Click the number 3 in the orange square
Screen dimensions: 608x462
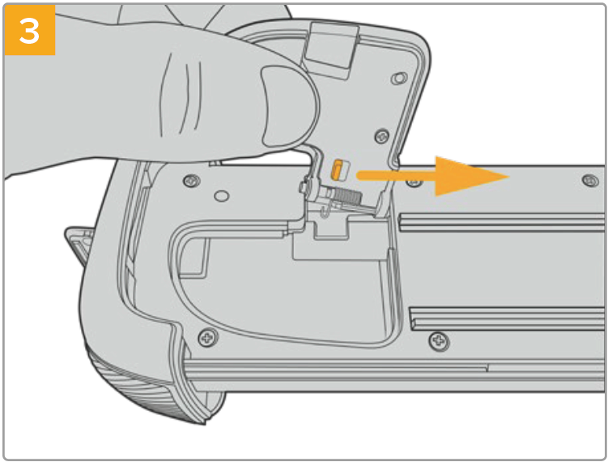pyautogui.click(x=29, y=31)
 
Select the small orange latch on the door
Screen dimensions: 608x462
pyautogui.click(x=337, y=170)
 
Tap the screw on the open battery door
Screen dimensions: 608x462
pyautogui.click(x=382, y=135)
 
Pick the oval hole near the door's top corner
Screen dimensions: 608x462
pyautogui.click(x=399, y=79)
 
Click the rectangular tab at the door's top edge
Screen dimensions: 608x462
pyautogui.click(x=331, y=49)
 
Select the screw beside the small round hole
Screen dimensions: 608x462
pyautogui.click(x=192, y=181)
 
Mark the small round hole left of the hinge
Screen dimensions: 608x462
pyautogui.click(x=221, y=196)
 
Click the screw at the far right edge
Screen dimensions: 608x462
pyautogui.click(x=589, y=180)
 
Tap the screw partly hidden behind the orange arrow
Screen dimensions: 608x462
pyautogui.click(x=414, y=182)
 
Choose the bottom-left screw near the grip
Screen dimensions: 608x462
pyautogui.click(x=208, y=337)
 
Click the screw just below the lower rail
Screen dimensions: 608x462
pyautogui.click(x=439, y=341)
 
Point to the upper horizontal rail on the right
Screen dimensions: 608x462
pyautogui.click(x=501, y=221)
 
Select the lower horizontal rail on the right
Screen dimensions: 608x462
pyautogui.click(x=507, y=319)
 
